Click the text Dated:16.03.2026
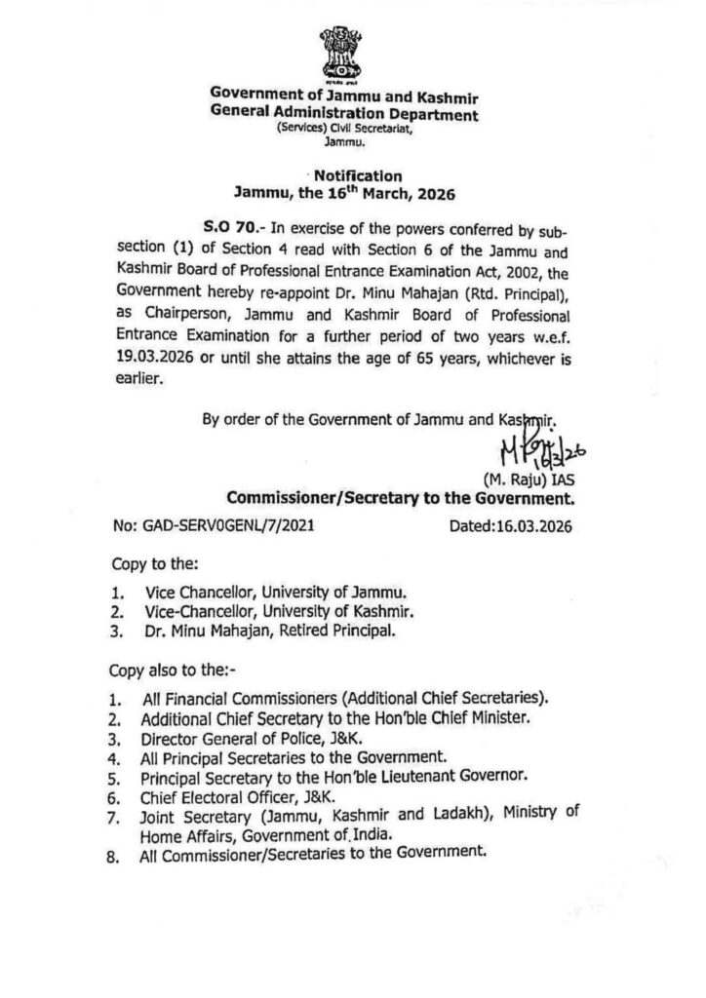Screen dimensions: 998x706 511,527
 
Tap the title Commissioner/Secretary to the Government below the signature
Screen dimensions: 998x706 401,498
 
